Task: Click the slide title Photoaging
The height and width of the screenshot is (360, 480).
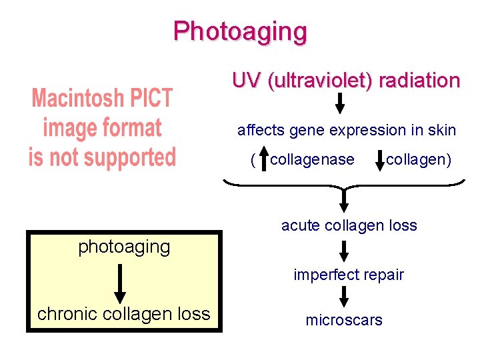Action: click(x=240, y=31)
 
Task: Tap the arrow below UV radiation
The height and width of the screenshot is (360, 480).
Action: click(x=340, y=103)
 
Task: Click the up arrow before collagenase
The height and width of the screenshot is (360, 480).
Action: click(x=263, y=159)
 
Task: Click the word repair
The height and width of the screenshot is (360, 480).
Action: click(x=382, y=275)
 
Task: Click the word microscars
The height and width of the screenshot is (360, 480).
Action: click(x=344, y=320)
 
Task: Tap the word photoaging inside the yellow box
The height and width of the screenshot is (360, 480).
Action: click(x=124, y=247)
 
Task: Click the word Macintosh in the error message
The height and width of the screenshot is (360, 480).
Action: click(x=102, y=99)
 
